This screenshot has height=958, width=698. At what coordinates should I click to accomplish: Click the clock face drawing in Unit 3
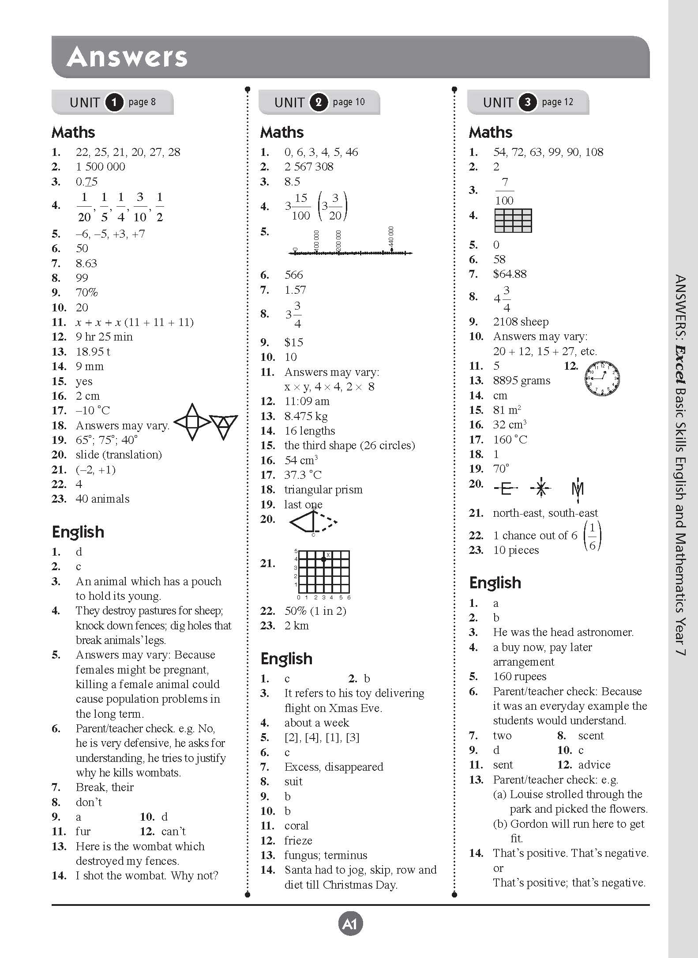tap(602, 378)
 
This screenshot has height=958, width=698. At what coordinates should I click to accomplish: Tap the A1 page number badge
tap(350, 923)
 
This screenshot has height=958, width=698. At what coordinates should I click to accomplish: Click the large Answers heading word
tap(127, 57)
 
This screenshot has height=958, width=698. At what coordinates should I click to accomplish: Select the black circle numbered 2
tap(319, 102)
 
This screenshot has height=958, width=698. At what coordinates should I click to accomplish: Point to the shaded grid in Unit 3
tap(513, 220)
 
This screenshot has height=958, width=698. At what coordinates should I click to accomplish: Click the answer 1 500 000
tap(100, 167)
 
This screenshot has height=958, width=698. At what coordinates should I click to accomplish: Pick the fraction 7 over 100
tap(504, 191)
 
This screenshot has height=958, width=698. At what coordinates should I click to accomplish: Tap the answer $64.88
tap(510, 274)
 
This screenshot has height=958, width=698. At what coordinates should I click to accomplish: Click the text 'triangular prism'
tap(323, 490)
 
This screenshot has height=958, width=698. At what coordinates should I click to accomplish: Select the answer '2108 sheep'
tap(521, 322)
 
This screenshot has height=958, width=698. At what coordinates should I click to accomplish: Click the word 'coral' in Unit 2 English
tap(296, 825)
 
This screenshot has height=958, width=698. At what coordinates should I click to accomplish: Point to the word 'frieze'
tap(298, 841)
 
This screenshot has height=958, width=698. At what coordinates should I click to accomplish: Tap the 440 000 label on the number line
tap(391, 237)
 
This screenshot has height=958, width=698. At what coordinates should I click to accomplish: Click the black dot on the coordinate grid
tap(324, 560)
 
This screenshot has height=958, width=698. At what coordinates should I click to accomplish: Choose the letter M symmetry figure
tap(578, 488)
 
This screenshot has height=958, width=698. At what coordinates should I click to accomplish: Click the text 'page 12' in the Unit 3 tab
tap(557, 102)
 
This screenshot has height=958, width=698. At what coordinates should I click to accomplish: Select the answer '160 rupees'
tap(519, 677)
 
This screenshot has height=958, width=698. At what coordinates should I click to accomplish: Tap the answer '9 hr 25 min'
tap(104, 337)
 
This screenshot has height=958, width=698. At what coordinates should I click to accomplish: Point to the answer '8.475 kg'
tap(306, 416)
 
